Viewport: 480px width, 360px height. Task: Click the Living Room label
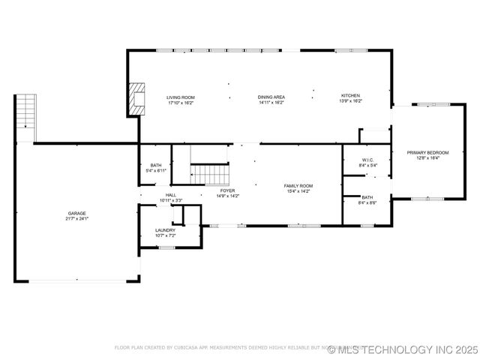pos(180,97)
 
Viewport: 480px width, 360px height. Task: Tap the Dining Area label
pos(271,97)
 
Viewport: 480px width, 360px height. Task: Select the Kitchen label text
pos(351,96)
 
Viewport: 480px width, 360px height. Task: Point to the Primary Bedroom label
pos(427,153)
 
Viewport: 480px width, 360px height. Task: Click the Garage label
pos(76,213)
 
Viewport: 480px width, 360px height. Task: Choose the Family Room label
pos(298,185)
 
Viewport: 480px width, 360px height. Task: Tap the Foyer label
pos(226,190)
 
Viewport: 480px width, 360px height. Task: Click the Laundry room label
pos(165,230)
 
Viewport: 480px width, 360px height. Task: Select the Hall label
pos(171,195)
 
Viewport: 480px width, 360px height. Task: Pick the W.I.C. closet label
pos(367,160)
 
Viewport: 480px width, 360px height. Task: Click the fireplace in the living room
pos(136,97)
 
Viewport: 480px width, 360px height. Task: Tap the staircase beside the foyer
pos(209,175)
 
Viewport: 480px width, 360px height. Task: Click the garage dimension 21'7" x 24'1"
pos(76,218)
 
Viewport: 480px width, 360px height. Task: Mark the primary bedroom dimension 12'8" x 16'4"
pos(427,158)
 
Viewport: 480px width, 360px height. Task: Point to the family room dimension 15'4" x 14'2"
pos(298,190)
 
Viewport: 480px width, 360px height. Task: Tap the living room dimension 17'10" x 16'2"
pos(180,102)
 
